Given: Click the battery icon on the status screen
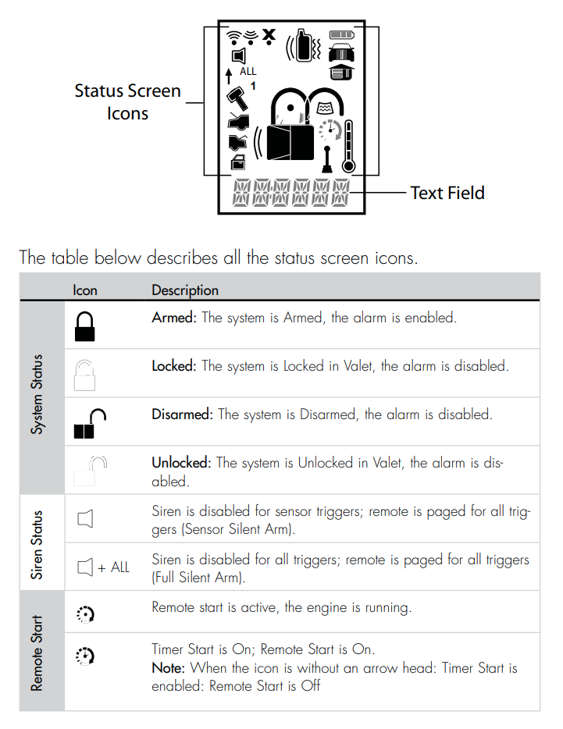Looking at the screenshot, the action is [340, 34].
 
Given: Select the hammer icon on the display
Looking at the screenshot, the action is [236, 98].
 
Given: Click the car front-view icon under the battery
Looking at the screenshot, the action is [340, 52].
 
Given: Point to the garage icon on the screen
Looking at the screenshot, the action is [340, 71].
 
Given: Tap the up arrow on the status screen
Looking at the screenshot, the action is [229, 76].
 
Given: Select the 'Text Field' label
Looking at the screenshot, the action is [447, 193].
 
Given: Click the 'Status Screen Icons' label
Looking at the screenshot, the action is [127, 101].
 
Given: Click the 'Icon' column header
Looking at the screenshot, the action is [85, 290].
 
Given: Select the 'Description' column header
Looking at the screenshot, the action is [185, 290].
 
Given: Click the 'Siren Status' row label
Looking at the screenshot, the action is [37, 544].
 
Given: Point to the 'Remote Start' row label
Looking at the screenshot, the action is [37, 652].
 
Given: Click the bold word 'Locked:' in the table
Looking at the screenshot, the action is [174, 365].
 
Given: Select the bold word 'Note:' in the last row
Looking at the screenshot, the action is [169, 667].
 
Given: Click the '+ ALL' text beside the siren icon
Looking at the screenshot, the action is [114, 567].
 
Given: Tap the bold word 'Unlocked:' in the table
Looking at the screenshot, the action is [182, 463].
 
